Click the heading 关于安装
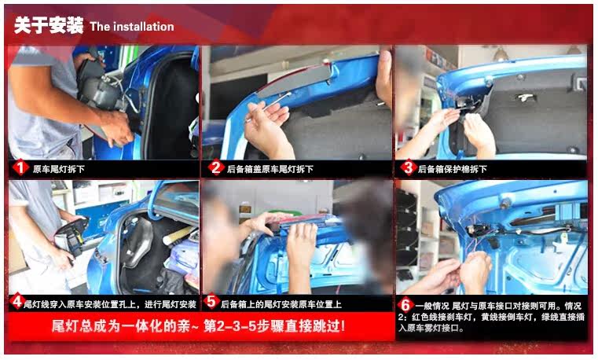pos(49,26)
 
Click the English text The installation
pos(132,27)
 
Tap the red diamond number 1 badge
pos(20,167)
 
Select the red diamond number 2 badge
pos(215,167)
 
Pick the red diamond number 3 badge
pos(408,167)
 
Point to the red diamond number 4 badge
pos(17,303)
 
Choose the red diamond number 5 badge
pos(211,302)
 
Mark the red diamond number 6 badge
pos(405,305)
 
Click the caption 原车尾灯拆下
pos(58,169)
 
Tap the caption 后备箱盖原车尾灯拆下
pos(270,169)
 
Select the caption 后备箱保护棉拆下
pos(453,169)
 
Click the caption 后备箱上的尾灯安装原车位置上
pos(281,304)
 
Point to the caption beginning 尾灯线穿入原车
pos(110,304)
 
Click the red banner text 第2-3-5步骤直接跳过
pos(274,326)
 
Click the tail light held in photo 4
pos(72,237)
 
